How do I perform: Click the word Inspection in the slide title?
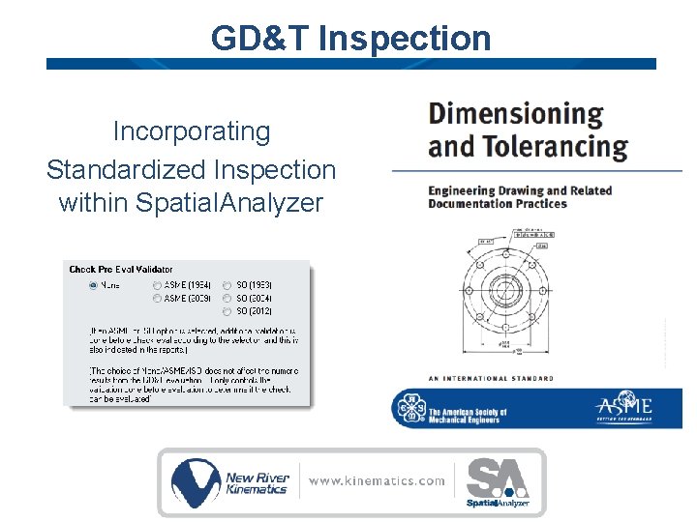tap(404, 39)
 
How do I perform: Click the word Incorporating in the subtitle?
tap(192, 130)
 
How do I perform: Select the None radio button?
tap(93, 285)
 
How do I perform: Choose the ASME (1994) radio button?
tap(158, 285)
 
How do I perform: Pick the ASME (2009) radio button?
tap(158, 299)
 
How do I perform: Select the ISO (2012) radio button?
tap(227, 311)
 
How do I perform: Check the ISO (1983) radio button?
tap(227, 285)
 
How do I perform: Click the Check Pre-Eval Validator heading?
tap(121, 270)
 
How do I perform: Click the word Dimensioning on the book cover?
tap(515, 114)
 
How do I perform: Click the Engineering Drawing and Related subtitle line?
tap(520, 190)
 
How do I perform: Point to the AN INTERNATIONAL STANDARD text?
tap(491, 378)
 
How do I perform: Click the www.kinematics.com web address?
tap(378, 480)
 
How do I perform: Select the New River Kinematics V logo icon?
tap(196, 482)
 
